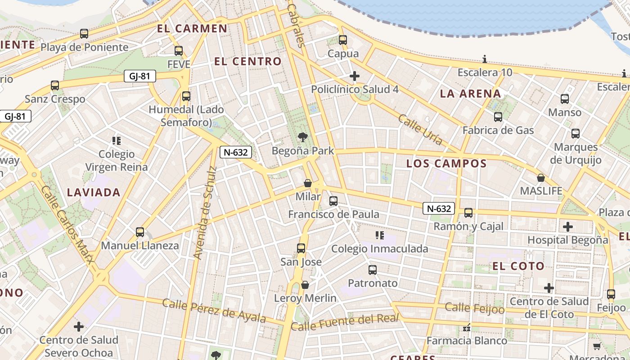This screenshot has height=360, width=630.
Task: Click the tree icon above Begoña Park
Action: (303, 137)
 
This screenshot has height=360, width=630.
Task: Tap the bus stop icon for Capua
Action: (343, 40)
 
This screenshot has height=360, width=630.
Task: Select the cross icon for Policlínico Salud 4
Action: (355, 76)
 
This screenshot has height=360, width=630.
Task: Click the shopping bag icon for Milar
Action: (308, 183)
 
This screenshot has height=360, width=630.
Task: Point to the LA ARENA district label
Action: (470, 94)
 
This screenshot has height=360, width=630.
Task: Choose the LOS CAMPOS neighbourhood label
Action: (446, 163)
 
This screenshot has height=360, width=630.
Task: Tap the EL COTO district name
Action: (518, 266)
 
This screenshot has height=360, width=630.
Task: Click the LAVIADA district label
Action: (94, 193)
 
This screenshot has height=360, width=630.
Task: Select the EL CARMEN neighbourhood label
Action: (192, 29)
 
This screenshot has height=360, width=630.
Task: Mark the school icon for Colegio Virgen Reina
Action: (117, 141)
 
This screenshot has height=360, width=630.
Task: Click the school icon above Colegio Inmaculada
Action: (379, 235)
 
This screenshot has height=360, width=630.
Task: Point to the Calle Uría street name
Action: (420, 130)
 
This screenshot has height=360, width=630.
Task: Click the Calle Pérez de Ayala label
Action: (214, 310)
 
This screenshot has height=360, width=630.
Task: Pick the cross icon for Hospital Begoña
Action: (568, 226)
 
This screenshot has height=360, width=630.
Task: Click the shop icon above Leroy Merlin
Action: (305, 285)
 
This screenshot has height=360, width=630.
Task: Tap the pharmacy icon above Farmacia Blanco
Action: (467, 328)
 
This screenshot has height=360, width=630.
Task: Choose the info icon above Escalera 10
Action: (485, 59)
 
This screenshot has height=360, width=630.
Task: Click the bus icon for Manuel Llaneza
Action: (140, 232)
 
